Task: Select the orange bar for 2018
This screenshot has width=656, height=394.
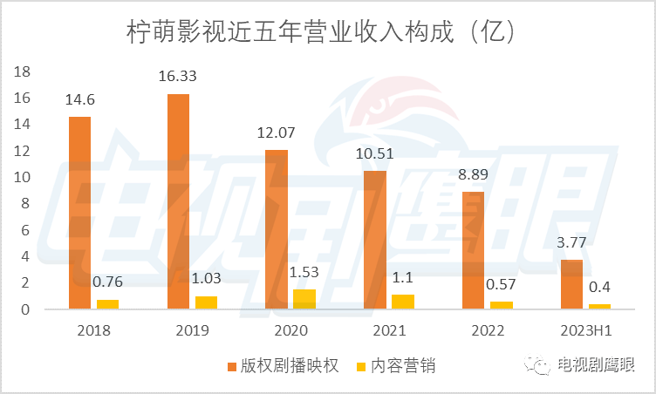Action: click(80, 213)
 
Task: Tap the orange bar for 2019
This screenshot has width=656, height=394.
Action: click(179, 201)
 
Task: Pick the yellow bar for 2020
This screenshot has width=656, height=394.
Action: click(304, 299)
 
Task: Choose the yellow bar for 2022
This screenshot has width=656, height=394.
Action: click(501, 305)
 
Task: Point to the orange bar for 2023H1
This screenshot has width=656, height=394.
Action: click(571, 284)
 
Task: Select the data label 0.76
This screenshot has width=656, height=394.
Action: click(107, 281)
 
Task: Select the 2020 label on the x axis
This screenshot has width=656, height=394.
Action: click(290, 330)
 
